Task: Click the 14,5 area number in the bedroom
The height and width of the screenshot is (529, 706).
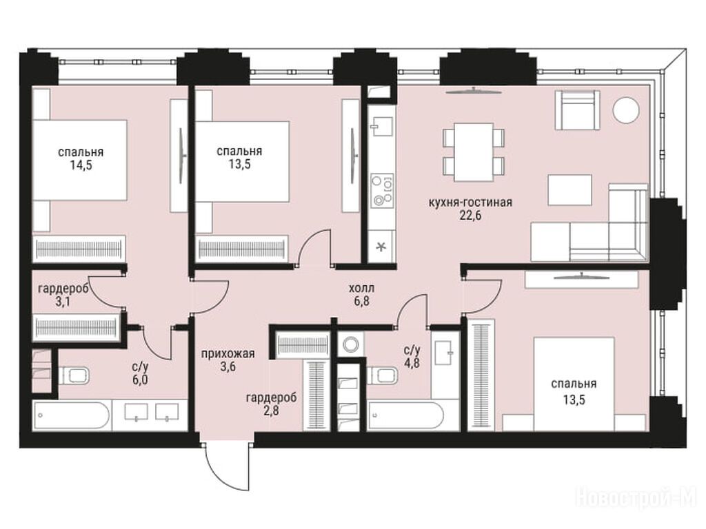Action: (81, 165)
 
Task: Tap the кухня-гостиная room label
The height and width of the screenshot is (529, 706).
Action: (470, 203)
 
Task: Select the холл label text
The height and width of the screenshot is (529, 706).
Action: (361, 288)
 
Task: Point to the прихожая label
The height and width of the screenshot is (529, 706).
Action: (228, 353)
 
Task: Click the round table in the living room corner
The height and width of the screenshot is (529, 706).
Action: (626, 110)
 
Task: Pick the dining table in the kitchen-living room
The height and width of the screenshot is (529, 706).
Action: (474, 152)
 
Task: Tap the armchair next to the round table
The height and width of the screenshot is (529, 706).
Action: (577, 110)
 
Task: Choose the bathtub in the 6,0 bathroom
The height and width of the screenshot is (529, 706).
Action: (71, 416)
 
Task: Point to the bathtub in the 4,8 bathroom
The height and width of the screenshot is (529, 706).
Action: (406, 416)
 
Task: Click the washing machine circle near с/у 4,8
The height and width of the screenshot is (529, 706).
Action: (350, 345)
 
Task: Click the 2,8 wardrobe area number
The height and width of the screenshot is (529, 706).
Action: (271, 411)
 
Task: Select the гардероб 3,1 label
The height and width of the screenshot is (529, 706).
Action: (63, 295)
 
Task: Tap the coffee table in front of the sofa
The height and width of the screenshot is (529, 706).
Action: (569, 190)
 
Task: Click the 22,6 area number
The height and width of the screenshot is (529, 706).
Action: (470, 216)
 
